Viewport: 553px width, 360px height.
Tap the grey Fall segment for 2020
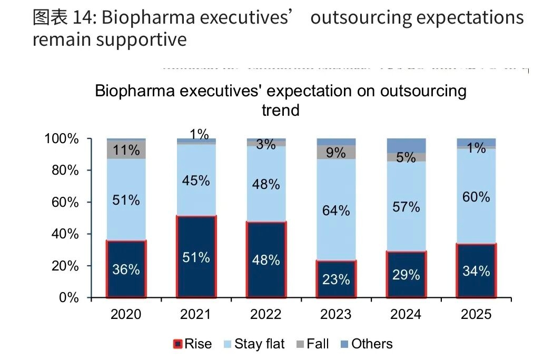click(x=126, y=149)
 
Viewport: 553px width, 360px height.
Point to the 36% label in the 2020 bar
click(x=126, y=269)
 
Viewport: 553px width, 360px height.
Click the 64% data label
click(x=336, y=211)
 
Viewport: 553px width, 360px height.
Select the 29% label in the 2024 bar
click(x=406, y=274)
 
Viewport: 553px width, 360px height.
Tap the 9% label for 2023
click(x=336, y=153)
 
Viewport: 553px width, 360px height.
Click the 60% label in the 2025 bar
click(x=476, y=197)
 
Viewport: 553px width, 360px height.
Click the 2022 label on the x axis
click(x=266, y=314)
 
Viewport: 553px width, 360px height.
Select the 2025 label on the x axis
click(x=476, y=314)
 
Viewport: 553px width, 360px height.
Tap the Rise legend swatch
click(x=178, y=345)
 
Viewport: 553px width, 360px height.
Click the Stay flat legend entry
click(x=259, y=344)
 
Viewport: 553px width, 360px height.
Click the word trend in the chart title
click(x=281, y=110)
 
